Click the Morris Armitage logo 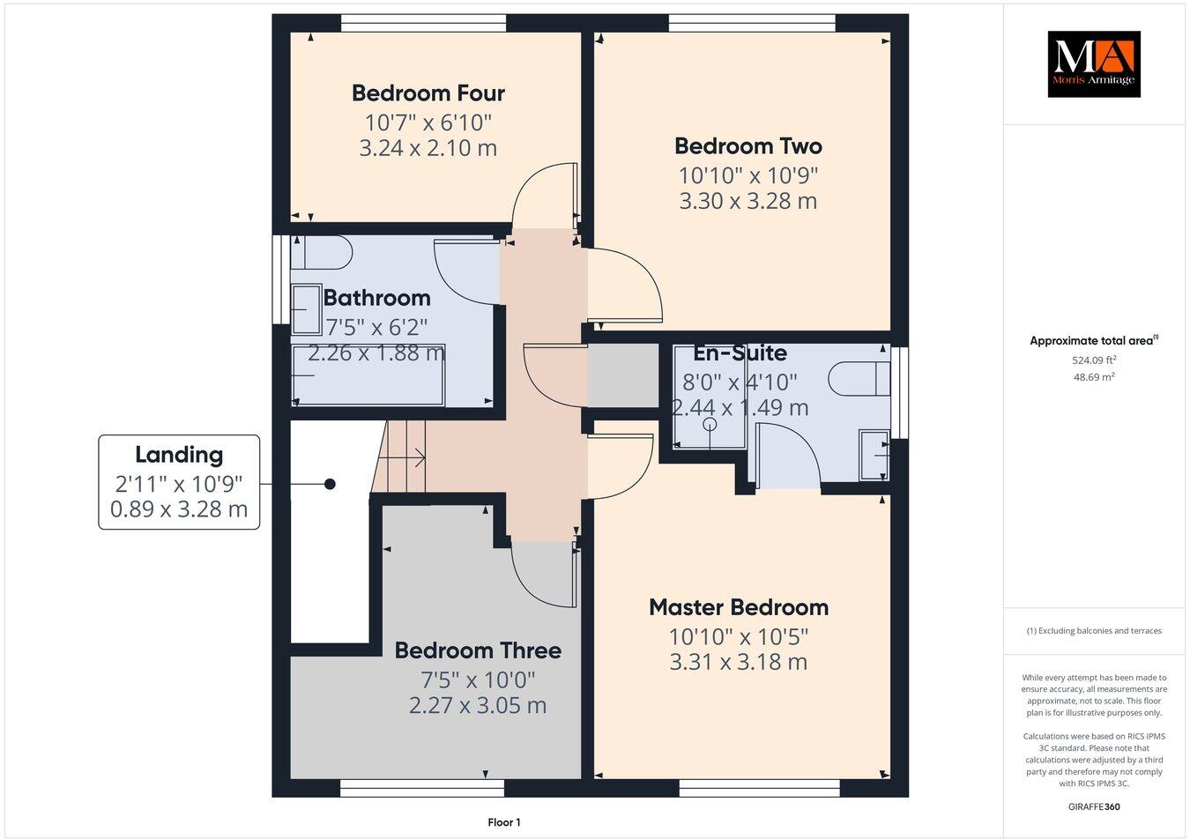coord(1093,63)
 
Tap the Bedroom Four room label coord(428,93)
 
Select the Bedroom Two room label coord(747,145)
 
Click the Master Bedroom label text coord(738,607)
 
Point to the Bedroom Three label coord(477,650)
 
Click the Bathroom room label coord(376,298)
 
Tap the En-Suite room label coord(740,353)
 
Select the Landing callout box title coord(179,455)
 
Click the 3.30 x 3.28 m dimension coord(747,201)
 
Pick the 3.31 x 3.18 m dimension coord(738,662)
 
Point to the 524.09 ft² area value coord(1094,360)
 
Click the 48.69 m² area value coord(1094,376)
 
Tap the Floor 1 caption coord(504,822)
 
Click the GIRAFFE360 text coord(1094,806)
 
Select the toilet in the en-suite coord(858,379)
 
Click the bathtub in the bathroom coord(368,375)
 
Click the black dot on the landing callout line coord(330,484)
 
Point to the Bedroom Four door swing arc coord(539,189)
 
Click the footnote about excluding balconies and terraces coord(1094,631)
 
